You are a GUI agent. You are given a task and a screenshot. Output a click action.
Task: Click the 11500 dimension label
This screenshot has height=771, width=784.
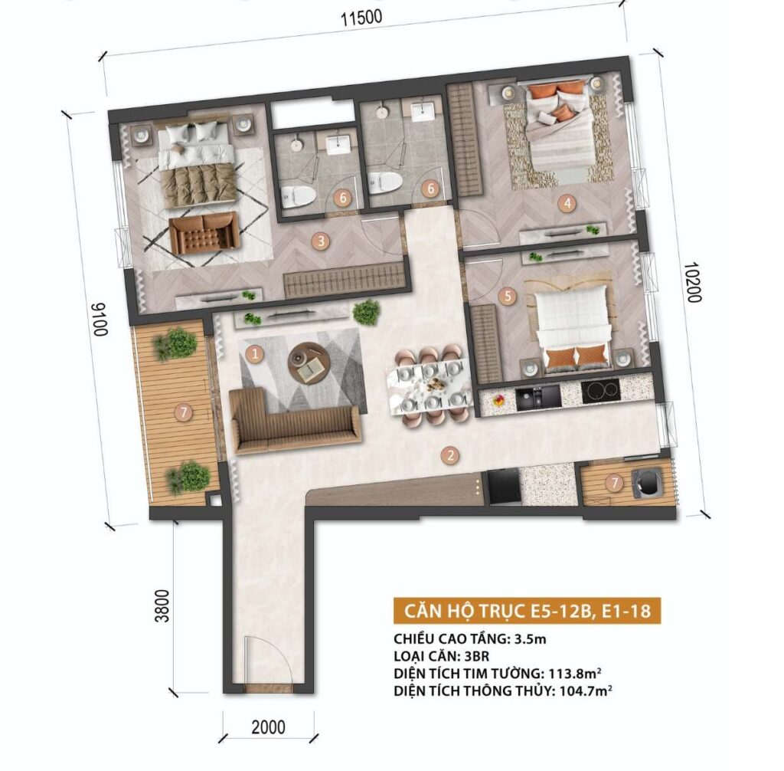pos(361,18)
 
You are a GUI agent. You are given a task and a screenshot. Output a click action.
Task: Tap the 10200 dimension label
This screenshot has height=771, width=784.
pos(694,282)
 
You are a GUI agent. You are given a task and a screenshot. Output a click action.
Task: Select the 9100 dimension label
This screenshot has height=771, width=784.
pos(99,319)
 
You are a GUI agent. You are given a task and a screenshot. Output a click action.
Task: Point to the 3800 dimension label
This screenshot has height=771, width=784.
pos(162,605)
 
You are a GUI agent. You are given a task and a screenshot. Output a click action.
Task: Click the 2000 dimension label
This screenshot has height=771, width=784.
pos(269,727)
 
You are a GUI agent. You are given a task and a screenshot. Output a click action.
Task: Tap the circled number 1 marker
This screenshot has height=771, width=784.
pos(255,354)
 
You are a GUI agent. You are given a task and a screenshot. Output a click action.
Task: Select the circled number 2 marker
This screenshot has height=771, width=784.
pos(451,455)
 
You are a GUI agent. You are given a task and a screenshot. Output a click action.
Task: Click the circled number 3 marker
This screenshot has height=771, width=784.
pos(321,241)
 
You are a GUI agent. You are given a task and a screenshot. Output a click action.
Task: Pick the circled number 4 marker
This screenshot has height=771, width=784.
pos(567,203)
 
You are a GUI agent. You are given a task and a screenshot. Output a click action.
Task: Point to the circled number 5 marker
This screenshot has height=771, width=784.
pos(508,296)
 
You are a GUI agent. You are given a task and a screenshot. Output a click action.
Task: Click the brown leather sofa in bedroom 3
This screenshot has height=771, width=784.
pos(204,233)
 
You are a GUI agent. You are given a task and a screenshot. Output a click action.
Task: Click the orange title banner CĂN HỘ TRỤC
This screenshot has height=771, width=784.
pos(527,611)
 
